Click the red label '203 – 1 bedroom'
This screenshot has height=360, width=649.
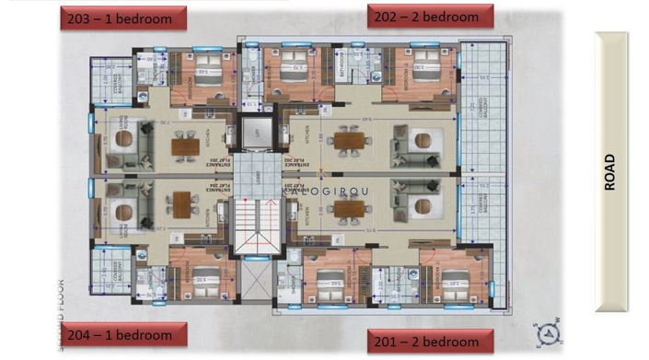[122, 17]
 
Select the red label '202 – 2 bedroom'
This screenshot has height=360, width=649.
[430, 17]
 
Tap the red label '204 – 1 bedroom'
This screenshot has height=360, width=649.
[123, 334]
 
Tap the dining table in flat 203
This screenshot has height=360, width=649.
[185, 145]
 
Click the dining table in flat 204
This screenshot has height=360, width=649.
[185, 204]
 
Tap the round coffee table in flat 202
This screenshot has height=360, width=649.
[423, 141]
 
